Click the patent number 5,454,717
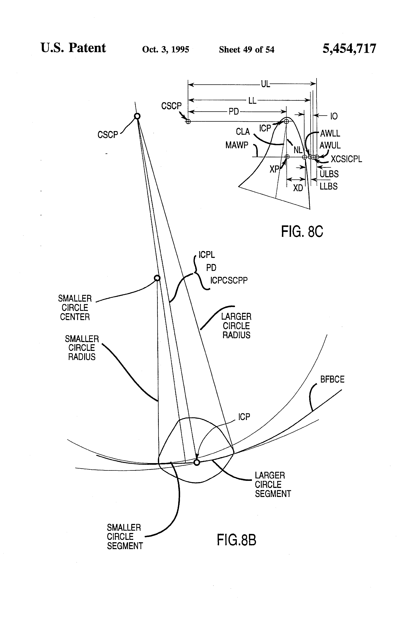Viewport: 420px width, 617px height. pyautogui.click(x=349, y=49)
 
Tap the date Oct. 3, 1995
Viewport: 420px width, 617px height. pyautogui.click(x=166, y=49)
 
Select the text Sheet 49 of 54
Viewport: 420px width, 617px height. pyautogui.click(x=247, y=49)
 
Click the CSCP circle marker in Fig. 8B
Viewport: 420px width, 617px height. pyautogui.click(x=137, y=116)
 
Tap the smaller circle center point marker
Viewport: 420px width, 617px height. pyautogui.click(x=157, y=278)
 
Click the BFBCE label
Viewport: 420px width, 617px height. pyautogui.click(x=332, y=379)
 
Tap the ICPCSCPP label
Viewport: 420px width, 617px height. pyautogui.click(x=229, y=280)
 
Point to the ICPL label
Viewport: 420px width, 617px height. pyautogui.click(x=207, y=255)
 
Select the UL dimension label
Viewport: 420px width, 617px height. pyautogui.click(x=265, y=84)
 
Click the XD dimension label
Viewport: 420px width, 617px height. pyautogui.click(x=298, y=188)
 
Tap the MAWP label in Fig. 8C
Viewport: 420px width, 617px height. pyautogui.click(x=237, y=145)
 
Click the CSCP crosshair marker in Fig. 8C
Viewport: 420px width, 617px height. pyautogui.click(x=188, y=122)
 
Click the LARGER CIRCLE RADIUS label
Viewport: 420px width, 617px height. pyautogui.click(x=236, y=326)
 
